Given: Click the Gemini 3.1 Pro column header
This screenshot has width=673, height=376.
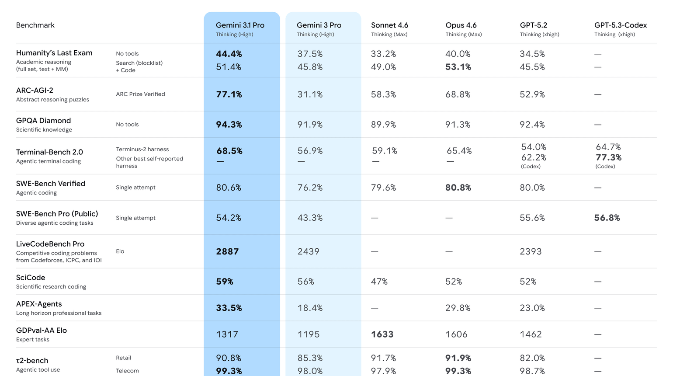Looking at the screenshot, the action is [240, 25].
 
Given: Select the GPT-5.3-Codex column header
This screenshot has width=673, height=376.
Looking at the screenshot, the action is [621, 25].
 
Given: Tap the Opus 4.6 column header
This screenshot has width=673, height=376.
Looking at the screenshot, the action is [461, 25].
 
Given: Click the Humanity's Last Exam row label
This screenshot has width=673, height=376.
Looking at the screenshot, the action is [54, 53].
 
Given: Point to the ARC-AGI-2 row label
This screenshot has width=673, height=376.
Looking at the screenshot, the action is [35, 90].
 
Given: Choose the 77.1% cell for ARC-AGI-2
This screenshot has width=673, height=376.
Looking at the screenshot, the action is [229, 94].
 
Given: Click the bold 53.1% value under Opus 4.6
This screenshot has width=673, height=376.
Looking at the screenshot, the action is [458, 67].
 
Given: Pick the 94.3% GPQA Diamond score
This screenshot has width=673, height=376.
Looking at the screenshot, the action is [229, 125].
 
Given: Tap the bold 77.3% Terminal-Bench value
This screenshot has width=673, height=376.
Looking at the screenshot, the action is [609, 157].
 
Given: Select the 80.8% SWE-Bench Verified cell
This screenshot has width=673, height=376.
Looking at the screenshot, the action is [458, 188].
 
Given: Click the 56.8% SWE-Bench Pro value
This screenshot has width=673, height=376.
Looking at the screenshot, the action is [607, 218].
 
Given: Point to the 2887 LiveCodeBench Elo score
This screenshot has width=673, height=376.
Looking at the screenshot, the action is [227, 251].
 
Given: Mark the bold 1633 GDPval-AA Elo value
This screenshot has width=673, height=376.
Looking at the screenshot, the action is [382, 334].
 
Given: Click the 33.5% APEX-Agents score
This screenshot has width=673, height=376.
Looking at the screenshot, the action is [229, 308].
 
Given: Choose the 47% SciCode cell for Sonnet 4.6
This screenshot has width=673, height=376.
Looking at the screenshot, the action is [379, 281].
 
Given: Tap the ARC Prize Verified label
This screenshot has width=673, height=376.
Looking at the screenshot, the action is [141, 94].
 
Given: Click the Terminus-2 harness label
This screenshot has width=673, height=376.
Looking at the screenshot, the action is [142, 150].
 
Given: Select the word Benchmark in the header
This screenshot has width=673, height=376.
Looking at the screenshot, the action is [35, 25].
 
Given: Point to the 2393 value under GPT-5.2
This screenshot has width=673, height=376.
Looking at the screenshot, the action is [531, 251].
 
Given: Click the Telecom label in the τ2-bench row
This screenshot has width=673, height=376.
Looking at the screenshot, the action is [128, 371].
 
